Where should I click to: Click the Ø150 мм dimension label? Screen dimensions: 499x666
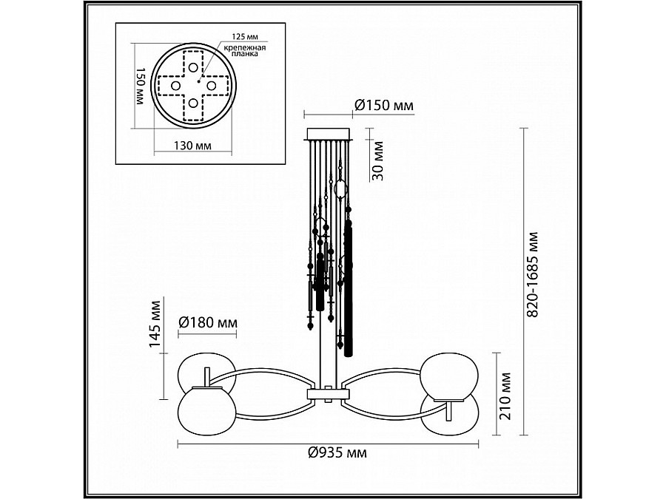pyautogui.click(x=383, y=106)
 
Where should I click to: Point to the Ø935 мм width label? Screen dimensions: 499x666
pyautogui.click(x=337, y=452)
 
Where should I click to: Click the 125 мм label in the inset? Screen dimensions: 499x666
pyautogui.click(x=243, y=36)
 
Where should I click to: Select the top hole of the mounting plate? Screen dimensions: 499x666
pyautogui.click(x=193, y=67)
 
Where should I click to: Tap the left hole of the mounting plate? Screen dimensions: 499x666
pyautogui.click(x=176, y=86)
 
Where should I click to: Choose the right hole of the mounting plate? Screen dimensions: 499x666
pyautogui.click(x=211, y=86)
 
